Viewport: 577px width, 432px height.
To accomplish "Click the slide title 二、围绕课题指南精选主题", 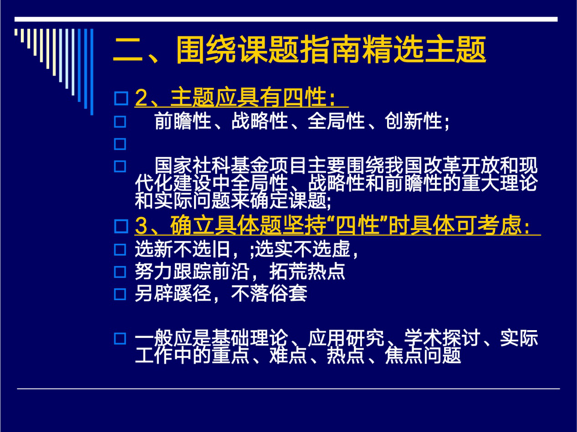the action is coord(300,50).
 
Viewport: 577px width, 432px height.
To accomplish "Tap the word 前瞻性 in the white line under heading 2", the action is coord(183,121).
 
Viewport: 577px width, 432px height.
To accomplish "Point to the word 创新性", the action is coord(414,121).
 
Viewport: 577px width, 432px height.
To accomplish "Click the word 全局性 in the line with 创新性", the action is coord(336,121).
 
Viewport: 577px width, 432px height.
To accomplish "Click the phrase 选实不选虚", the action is coord(302,249).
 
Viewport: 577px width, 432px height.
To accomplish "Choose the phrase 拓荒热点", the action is coord(307,271).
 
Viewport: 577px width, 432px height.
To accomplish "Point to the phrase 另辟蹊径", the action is coord(173,293).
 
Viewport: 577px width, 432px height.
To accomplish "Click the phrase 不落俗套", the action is coord(269,293).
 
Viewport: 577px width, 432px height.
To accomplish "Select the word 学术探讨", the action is coord(442,338).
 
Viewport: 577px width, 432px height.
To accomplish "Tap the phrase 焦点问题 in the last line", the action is coord(423,355).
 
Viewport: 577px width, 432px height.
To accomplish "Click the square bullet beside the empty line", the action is coord(120,144).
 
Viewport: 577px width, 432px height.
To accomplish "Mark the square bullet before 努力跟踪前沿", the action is coord(120,272).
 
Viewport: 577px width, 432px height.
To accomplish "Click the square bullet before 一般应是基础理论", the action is coord(120,339).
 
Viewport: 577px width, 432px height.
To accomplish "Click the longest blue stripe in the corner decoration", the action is coord(92,72).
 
